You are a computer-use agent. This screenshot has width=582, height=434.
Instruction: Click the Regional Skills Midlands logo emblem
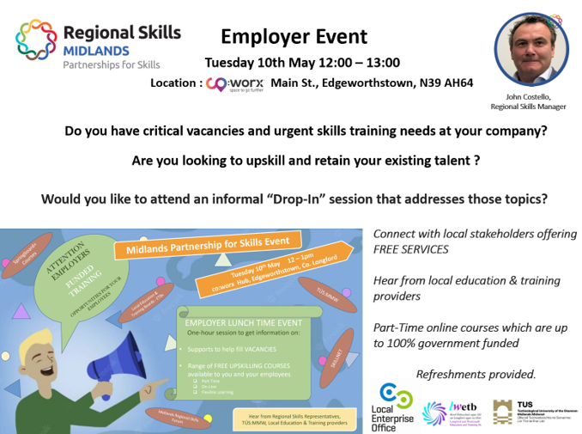[x=37, y=43]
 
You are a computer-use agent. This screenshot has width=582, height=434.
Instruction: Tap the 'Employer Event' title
[x=294, y=37]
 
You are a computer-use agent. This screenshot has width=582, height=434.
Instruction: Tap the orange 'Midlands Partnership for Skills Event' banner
[x=207, y=246]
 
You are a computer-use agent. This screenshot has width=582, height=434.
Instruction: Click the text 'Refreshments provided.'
[x=476, y=374]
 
